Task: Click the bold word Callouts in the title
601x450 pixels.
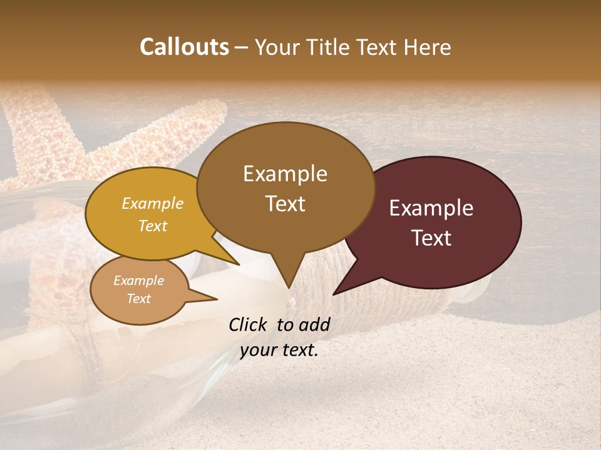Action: [x=184, y=47]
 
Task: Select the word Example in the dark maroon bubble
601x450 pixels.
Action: [x=431, y=208]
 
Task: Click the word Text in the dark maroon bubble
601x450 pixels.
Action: [x=432, y=237]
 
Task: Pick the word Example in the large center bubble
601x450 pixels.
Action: [x=285, y=174]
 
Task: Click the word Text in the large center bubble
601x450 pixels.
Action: [x=285, y=203]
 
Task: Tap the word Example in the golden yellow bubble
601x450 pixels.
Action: [x=152, y=203]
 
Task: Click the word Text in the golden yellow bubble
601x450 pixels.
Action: [x=152, y=226]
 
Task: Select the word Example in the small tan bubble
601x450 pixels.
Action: [x=138, y=281]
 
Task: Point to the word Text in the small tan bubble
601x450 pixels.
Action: [x=138, y=299]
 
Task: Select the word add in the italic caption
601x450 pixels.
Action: [x=314, y=324]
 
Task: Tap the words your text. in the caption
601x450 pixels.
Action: [x=279, y=350]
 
